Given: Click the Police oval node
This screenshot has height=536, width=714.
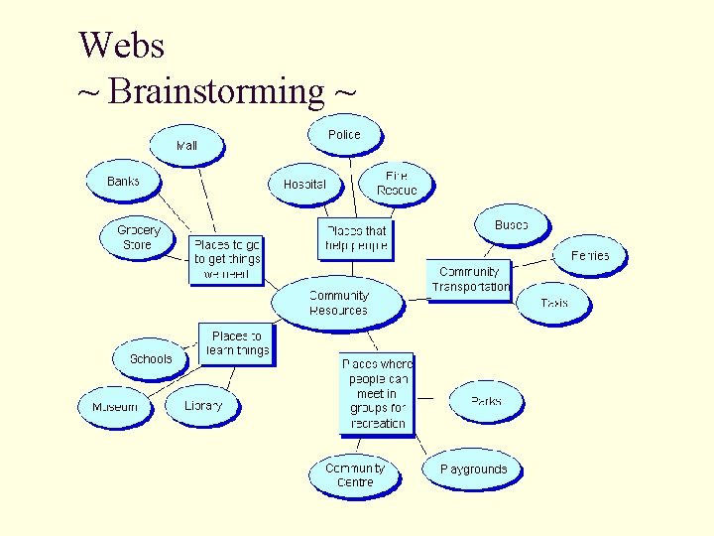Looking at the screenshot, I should (x=344, y=135).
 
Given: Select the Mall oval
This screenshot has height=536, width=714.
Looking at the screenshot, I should (x=186, y=145).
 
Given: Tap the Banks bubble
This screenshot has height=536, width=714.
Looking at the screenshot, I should (x=123, y=182).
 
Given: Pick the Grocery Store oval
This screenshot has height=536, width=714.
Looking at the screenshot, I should (x=138, y=237).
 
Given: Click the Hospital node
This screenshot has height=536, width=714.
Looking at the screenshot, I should (x=304, y=185).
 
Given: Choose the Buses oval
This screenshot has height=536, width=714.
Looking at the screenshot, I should (x=511, y=225).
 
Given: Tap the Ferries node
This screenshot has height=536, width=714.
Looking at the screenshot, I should (x=590, y=256).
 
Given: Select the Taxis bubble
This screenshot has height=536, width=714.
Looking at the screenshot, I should (x=554, y=303).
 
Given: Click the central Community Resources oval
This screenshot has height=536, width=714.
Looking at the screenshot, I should (x=338, y=303).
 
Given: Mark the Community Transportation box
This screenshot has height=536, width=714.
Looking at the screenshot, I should (x=469, y=279).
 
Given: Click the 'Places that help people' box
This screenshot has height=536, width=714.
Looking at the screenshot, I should (x=355, y=238).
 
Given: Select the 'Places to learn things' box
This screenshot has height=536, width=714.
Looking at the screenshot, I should (x=236, y=343).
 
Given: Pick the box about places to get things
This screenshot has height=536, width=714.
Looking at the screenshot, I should (x=227, y=259).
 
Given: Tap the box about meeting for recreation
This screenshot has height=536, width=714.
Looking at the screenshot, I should (x=377, y=393).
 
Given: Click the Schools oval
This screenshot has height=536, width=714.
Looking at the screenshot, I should (x=151, y=358).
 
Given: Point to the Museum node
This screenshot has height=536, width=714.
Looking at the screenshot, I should (x=115, y=407).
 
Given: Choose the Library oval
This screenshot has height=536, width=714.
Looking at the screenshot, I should (x=203, y=406).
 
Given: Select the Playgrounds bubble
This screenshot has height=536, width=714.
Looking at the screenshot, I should (x=473, y=469).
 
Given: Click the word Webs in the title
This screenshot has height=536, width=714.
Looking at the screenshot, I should (x=121, y=45).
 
